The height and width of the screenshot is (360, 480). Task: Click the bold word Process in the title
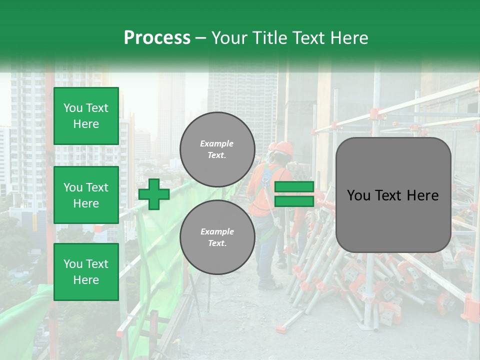point(157,38)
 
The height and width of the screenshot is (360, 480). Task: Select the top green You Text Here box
point(86,116)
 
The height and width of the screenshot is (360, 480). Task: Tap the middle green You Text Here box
point(86,195)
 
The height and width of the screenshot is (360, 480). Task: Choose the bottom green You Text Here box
point(86,272)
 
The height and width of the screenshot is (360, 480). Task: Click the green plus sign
point(154,194)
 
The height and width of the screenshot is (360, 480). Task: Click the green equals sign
point(294,194)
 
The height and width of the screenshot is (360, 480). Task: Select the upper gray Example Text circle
point(217,149)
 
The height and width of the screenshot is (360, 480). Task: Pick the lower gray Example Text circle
point(217,237)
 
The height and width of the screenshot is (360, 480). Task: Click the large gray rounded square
point(393,195)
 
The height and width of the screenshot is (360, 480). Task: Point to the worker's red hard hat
point(284,147)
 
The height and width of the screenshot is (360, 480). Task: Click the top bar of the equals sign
point(294,187)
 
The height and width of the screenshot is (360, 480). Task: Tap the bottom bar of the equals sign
point(294,201)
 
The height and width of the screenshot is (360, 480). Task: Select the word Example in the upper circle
point(217,143)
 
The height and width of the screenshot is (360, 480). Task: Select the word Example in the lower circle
point(217,231)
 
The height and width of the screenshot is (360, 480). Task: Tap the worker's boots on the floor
point(270,285)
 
